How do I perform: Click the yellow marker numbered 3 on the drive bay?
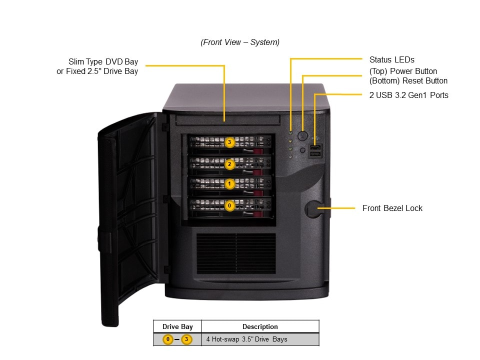point(229,142)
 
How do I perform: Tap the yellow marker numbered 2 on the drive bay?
point(229,163)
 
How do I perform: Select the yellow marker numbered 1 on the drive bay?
point(229,184)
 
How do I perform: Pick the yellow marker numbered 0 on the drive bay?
point(229,205)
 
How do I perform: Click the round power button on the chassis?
point(302,135)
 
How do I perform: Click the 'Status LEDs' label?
point(391,59)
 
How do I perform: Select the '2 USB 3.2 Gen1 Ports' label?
point(408,95)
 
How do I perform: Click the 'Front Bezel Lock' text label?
point(392,208)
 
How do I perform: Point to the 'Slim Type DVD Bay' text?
point(103,62)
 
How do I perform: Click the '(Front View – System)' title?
point(240,42)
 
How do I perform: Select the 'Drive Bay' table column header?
point(177,326)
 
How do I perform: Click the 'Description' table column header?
point(260,326)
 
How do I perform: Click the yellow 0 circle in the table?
point(168,339)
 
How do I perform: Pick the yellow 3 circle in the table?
point(186,339)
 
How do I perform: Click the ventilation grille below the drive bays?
point(235,253)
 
